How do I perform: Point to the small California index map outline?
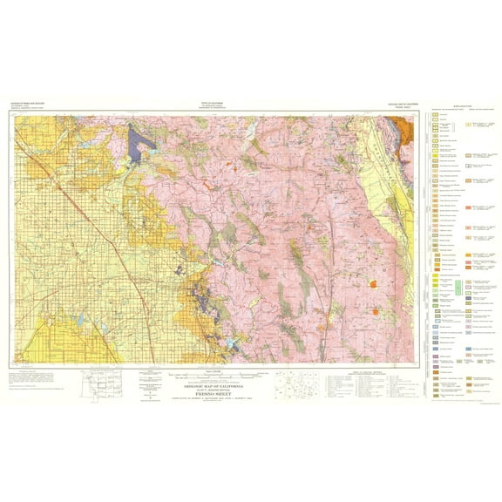pyautogui.click(x=98, y=382)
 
